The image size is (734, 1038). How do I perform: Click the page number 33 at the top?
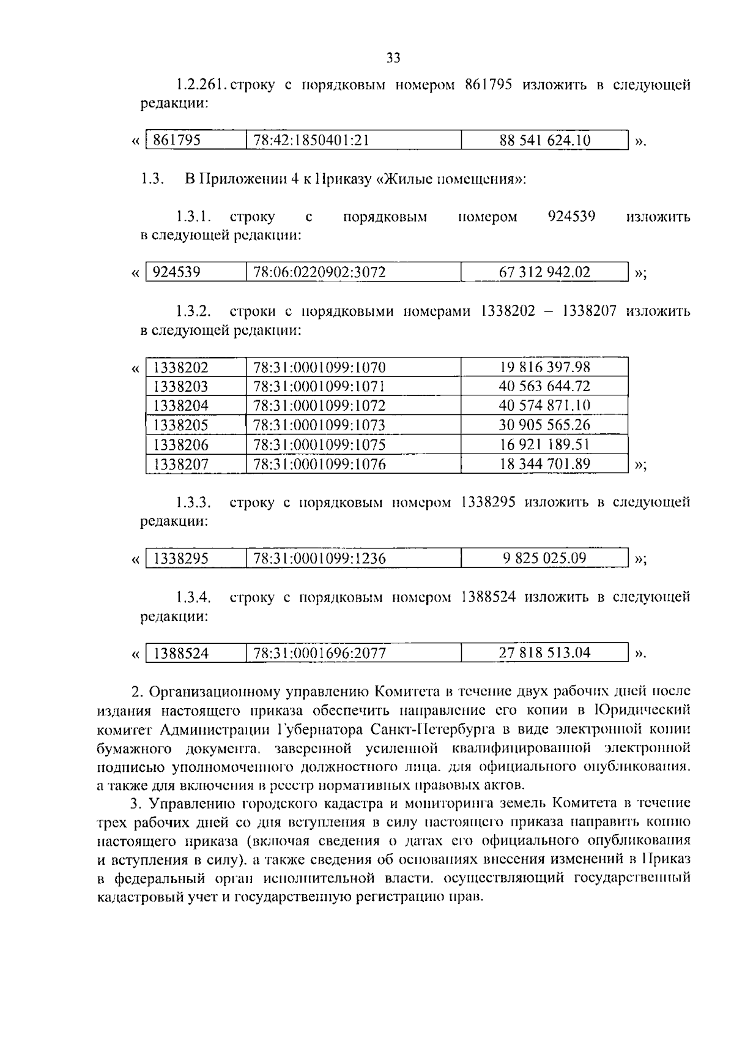(393, 58)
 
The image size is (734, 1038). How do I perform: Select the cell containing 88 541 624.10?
(544, 140)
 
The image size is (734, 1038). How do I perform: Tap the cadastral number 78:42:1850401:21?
(311, 140)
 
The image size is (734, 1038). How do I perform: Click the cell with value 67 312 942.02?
(544, 272)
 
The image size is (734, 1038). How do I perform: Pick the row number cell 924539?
(177, 272)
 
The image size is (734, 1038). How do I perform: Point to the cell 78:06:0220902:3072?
(319, 272)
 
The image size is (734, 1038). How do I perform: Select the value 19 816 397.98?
(544, 367)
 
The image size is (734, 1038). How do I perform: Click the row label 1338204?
(180, 405)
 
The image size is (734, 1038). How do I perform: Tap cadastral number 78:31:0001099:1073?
(319, 425)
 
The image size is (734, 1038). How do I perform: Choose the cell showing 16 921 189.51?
(544, 444)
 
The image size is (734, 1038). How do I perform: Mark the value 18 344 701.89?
(544, 464)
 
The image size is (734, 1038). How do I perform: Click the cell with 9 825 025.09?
(544, 558)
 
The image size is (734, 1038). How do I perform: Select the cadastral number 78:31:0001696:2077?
(319, 653)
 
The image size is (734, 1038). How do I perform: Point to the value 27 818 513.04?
(544, 652)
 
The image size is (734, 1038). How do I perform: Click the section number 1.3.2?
(193, 312)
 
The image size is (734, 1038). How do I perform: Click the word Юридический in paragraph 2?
(642, 710)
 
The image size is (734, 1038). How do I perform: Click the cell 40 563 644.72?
(544, 386)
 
